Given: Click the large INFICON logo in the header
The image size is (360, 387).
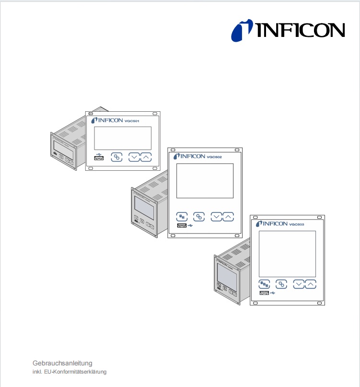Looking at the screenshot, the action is tap(288, 30).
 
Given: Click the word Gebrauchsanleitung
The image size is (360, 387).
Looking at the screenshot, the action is tap(62, 363).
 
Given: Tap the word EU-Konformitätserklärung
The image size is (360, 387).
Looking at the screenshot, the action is tap(75, 372).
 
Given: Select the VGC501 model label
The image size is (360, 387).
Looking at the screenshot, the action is tap(132, 121).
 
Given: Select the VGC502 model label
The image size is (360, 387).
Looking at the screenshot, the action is tap(214, 157).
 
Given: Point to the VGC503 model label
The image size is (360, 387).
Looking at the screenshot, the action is tap(297, 224).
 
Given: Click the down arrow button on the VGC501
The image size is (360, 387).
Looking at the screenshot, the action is tap(134, 157).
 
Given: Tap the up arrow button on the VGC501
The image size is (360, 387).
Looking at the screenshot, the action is tap(146, 157).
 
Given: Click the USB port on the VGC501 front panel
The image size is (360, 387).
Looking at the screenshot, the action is tap(99, 158).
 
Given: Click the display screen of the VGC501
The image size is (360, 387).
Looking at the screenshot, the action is tap(123, 138).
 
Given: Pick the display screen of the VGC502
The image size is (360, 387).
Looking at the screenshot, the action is tap(205, 181).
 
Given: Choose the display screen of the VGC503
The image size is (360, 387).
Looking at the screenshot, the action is tap(287, 254).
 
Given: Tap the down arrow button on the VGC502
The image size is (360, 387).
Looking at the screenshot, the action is tap(216, 217).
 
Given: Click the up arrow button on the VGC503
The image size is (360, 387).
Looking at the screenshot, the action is tap(311, 284).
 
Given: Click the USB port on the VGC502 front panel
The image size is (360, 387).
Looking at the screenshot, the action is tap(182, 225).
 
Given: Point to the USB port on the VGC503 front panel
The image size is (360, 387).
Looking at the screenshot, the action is tap(264, 293).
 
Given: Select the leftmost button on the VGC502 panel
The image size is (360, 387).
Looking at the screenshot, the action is tap(182, 217).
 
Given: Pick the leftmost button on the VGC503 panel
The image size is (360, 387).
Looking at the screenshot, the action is tap(264, 284).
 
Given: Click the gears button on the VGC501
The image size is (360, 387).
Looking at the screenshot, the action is tap(116, 157).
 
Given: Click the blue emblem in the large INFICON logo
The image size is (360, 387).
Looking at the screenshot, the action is tap(242, 30).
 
